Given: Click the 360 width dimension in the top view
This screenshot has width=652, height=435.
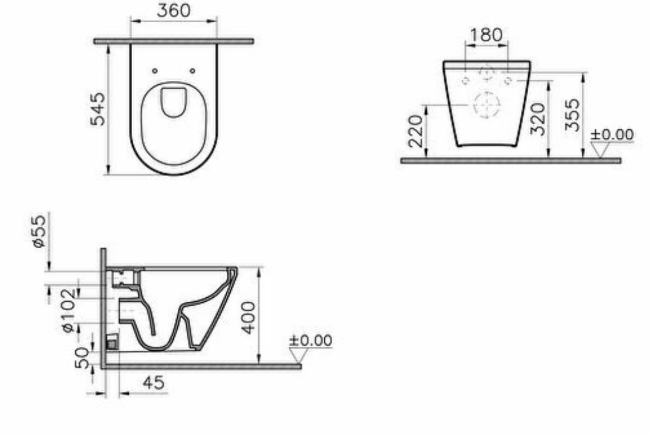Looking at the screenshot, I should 173,11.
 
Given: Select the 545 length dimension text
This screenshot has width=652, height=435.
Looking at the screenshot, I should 98,109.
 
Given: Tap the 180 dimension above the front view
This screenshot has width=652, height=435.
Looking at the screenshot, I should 486,35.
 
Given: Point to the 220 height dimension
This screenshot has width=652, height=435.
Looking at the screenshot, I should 416,132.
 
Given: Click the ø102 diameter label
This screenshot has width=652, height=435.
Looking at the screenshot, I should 69,310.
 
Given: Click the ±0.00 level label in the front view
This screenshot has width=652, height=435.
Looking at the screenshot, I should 612,134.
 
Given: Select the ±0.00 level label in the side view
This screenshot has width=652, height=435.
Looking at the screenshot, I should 310,340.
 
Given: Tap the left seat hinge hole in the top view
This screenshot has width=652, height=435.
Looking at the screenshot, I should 155,71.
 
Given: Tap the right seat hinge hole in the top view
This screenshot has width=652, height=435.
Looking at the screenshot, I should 192,71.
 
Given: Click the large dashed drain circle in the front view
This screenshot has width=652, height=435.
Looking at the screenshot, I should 486,105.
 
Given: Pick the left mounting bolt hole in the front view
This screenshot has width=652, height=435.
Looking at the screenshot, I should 466,81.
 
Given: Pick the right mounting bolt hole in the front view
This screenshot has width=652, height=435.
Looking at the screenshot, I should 508,81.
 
